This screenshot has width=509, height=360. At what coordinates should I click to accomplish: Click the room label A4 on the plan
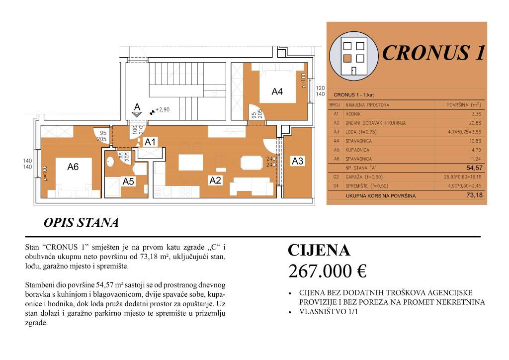277,91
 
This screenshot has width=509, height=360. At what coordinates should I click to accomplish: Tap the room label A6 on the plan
73,167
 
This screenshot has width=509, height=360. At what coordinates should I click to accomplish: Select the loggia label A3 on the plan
297,161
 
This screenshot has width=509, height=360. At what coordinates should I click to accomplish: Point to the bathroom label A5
128,182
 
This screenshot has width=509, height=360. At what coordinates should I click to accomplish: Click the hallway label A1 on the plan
150,142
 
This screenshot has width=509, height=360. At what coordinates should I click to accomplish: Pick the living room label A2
215,180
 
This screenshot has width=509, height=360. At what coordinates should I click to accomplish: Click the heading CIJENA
319,250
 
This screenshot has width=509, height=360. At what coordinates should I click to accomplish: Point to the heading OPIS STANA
81,223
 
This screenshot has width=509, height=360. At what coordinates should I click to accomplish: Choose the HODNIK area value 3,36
476,113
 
